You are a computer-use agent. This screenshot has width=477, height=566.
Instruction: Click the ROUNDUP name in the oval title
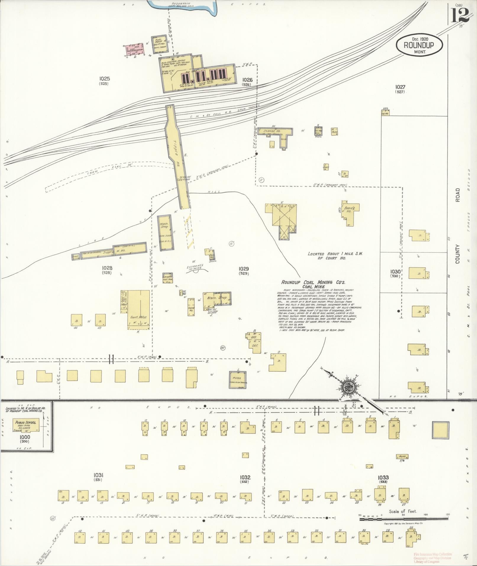click(419, 46)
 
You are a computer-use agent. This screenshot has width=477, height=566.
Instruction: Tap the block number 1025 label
click(104, 79)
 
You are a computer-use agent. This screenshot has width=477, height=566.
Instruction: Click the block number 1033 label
click(383, 478)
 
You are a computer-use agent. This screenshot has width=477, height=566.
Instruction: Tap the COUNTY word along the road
click(457, 254)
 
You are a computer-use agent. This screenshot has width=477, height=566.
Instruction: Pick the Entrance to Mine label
click(195, 267)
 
